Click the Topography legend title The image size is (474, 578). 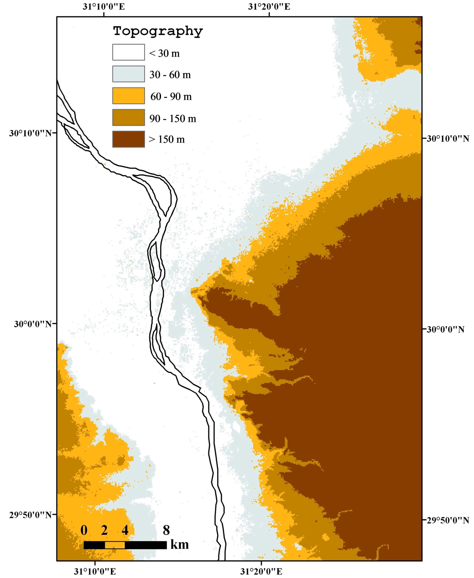(x=158, y=31)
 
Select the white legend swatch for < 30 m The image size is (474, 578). (x=128, y=52)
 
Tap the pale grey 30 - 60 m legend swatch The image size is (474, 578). (x=128, y=74)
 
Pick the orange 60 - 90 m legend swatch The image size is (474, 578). (x=128, y=96)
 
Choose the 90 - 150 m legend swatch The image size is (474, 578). (x=128, y=118)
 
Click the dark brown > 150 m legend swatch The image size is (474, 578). (x=128, y=139)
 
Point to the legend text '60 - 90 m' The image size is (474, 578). (x=171, y=96)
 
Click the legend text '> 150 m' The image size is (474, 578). (x=167, y=139)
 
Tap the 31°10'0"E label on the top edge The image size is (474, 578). (x=104, y=7)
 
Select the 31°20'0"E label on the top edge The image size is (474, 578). (x=269, y=7)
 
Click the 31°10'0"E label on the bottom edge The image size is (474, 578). (x=95, y=571)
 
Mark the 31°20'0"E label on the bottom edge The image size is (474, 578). (x=261, y=571)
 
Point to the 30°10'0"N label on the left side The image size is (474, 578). (x=30, y=133)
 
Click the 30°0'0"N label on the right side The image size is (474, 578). (x=445, y=329)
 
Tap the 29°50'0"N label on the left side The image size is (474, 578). (x=30, y=515)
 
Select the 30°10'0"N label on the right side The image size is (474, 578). (x=448, y=139)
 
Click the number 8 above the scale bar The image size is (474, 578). (x=166, y=530)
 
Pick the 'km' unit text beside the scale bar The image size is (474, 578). (x=179, y=544)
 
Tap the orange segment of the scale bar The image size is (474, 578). (x=115, y=545)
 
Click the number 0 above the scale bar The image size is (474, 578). (x=84, y=530)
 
